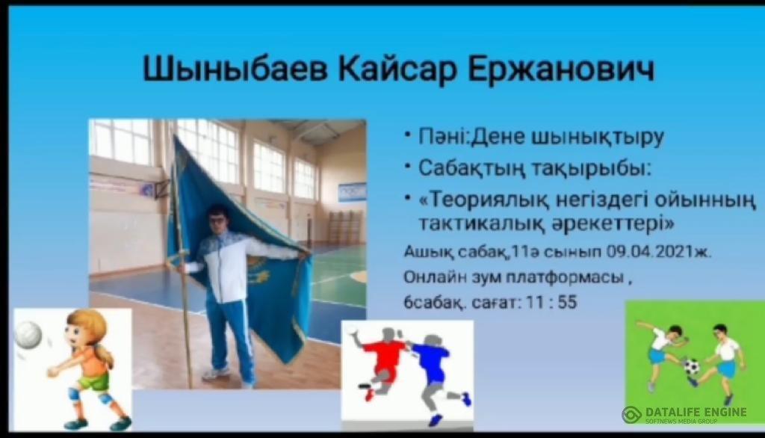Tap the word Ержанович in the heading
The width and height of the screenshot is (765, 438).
point(561,69)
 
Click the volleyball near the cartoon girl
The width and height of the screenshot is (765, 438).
point(28,335)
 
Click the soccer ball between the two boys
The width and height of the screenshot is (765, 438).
point(691,366)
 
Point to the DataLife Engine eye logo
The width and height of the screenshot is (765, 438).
point(631,415)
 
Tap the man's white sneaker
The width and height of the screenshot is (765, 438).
point(216,374)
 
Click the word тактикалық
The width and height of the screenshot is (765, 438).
point(482,224)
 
